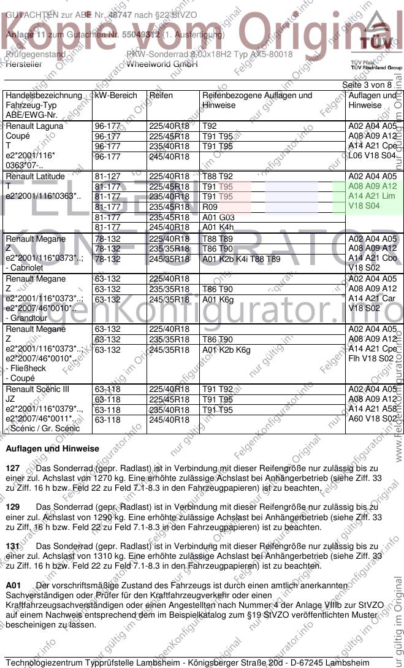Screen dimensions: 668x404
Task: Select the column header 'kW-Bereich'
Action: [x=113, y=96]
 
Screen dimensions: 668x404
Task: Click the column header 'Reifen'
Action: [x=161, y=96]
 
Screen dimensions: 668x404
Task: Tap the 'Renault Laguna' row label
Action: [x=34, y=126]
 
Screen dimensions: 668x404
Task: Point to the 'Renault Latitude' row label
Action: [x=35, y=177]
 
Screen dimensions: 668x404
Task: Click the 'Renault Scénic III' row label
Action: [x=37, y=390]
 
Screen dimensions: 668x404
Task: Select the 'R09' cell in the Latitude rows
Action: [x=210, y=207]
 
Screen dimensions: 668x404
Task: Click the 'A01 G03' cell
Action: [x=218, y=217]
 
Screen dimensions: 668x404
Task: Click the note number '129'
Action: [x=12, y=507]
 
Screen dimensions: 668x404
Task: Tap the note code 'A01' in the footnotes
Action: [x=13, y=586]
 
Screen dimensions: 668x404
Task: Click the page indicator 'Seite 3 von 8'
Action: [x=367, y=85]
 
